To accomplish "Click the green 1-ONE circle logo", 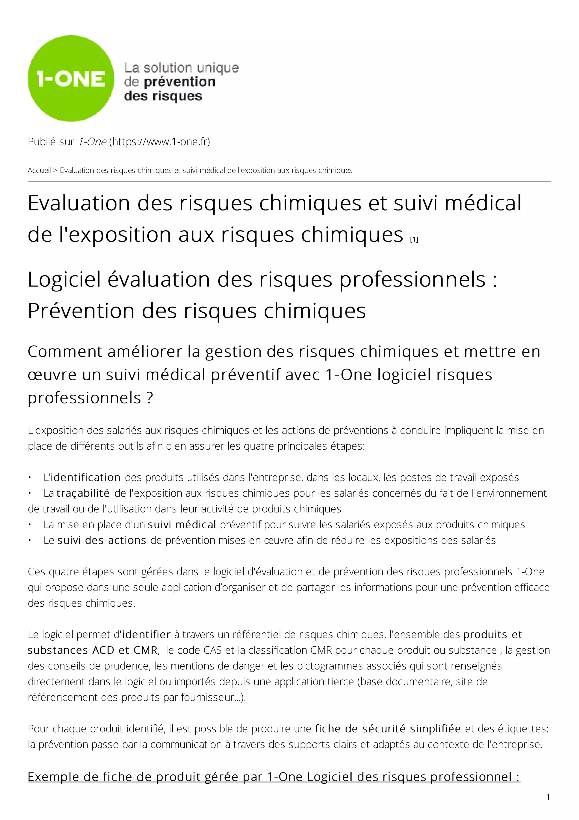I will (x=71, y=79).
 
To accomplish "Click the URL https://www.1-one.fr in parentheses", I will (x=159, y=142).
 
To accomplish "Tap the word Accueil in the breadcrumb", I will (x=39, y=170).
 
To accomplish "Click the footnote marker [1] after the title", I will (x=414, y=239).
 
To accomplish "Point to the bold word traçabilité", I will (x=83, y=493).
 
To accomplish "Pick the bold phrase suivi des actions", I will (x=102, y=540).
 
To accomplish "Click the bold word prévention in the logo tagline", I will (x=180, y=82).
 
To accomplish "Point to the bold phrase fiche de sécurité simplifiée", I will (x=388, y=729).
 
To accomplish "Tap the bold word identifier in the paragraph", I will (x=146, y=635).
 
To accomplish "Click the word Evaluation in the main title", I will (x=79, y=203).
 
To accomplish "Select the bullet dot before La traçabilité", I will (x=30, y=493).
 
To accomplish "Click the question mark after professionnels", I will (x=150, y=398).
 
